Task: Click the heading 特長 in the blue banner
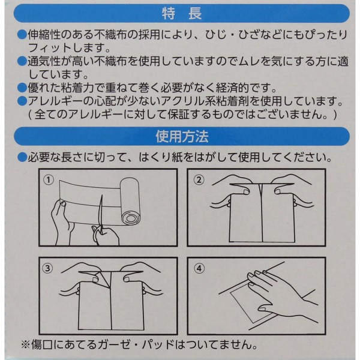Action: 182,14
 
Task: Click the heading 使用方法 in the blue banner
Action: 182,136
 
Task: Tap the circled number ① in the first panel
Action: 49,180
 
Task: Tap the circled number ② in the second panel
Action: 199,179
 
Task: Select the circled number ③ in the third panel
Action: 47,268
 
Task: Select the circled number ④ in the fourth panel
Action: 199,268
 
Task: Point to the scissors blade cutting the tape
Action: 100,211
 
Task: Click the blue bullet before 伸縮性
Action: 22,35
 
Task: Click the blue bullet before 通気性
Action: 22,61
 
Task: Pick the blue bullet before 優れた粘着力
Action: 22,88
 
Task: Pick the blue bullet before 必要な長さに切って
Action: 22,157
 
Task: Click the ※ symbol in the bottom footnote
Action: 25,344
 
